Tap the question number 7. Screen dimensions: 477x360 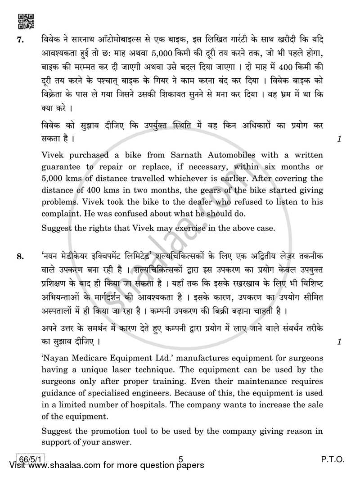tap(20, 40)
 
